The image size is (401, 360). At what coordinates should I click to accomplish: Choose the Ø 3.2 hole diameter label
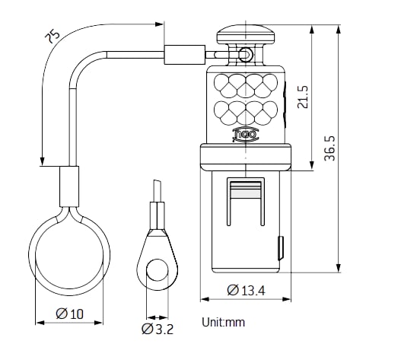158,329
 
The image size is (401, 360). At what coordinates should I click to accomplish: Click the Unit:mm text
223,322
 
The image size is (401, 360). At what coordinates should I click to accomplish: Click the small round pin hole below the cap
245,54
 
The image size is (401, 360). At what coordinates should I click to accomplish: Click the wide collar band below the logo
245,157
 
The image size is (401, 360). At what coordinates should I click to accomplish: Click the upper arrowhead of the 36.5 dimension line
339,27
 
